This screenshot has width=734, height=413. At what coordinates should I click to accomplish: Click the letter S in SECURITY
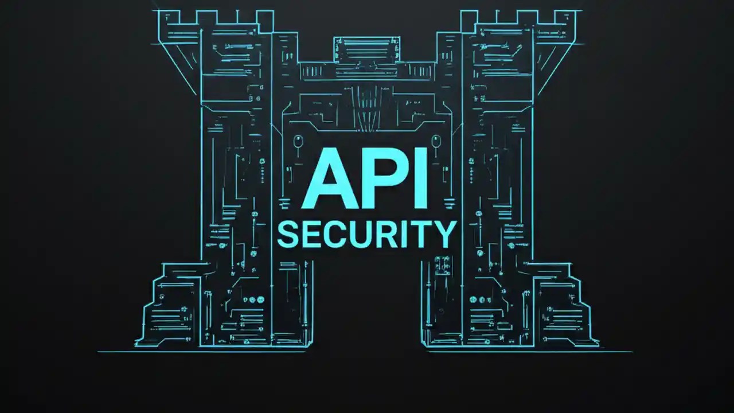pos(288,234)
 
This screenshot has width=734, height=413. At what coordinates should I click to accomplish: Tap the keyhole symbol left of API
pos(297,141)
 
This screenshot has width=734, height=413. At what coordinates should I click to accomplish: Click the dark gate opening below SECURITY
pos(367,304)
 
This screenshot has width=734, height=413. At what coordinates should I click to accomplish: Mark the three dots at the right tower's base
pos(480,299)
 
